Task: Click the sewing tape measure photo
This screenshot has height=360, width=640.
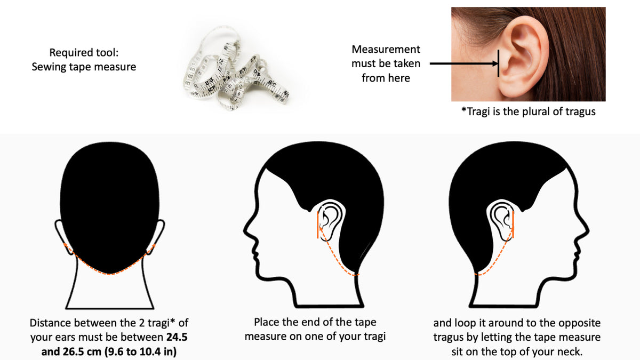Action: tap(236, 68)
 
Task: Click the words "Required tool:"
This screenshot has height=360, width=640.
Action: tap(84, 53)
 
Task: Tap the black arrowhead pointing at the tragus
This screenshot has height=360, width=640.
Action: tap(495, 63)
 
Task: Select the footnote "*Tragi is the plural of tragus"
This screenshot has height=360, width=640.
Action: tap(529, 111)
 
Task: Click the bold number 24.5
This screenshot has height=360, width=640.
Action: tap(177, 337)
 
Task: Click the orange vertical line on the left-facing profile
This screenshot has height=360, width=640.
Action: tap(317, 225)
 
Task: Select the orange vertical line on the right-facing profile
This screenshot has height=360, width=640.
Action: tap(513, 225)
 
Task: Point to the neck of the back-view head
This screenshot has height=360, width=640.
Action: tap(110, 289)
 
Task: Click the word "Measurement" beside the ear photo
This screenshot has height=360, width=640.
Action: tap(386, 50)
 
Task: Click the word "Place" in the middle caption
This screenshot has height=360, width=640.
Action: tap(266, 322)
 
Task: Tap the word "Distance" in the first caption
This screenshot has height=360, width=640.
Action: tap(50, 323)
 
